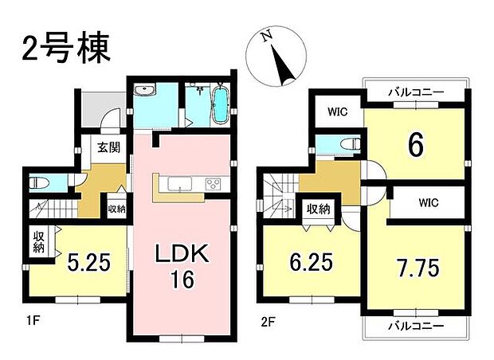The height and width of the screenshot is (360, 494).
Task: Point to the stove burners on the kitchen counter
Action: [x=214, y=186]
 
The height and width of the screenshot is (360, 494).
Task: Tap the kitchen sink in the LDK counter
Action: [x=181, y=187]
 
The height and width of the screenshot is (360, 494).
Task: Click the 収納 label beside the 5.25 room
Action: [x=38, y=242]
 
